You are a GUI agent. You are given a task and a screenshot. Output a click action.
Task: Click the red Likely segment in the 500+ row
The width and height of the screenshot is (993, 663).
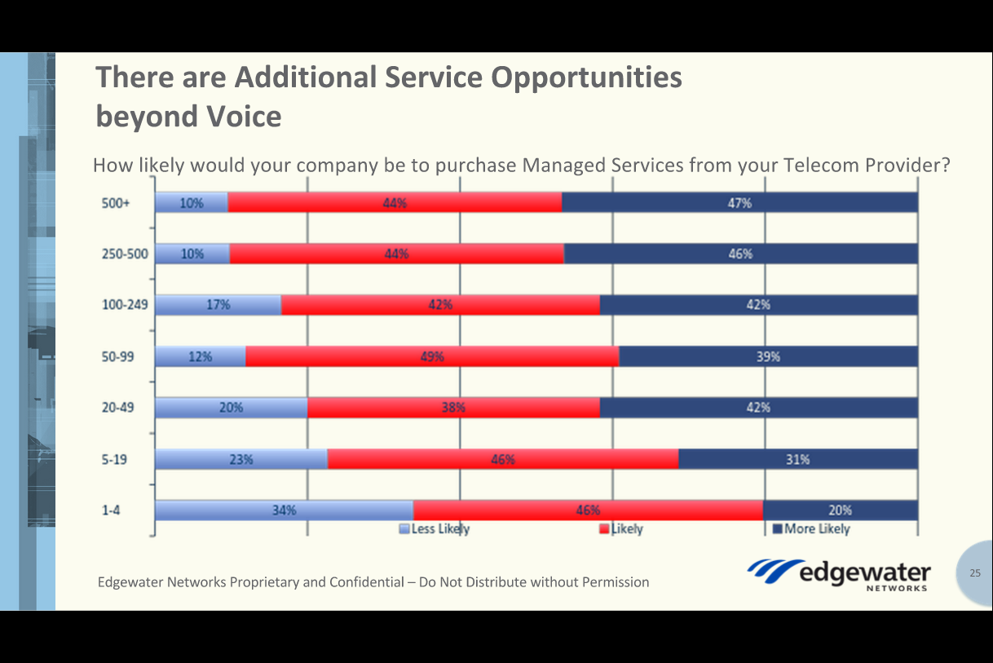click(x=395, y=203)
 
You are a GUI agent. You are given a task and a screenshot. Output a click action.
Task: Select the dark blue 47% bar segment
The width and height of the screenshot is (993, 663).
click(x=739, y=203)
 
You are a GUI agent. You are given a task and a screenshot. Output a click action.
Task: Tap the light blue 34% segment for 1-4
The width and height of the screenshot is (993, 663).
click(x=284, y=511)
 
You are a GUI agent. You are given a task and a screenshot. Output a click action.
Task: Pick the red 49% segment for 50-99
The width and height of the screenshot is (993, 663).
click(x=432, y=356)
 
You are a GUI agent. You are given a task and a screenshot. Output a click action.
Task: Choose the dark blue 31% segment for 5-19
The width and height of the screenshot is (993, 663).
click(x=797, y=459)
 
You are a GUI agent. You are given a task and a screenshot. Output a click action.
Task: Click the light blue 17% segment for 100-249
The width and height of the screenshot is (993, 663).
click(x=218, y=305)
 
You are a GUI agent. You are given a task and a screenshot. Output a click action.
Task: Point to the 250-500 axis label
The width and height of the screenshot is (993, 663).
click(x=125, y=254)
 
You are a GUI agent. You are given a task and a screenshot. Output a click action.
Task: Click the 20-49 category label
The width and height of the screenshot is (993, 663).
click(x=117, y=408)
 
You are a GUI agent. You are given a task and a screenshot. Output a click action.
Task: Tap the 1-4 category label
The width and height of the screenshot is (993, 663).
click(x=113, y=511)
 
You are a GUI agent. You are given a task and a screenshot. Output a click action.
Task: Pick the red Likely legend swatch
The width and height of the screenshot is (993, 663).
click(x=604, y=529)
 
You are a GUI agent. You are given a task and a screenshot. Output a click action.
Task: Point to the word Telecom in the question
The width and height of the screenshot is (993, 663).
click(x=816, y=166)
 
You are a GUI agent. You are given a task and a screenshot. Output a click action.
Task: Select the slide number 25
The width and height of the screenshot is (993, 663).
click(x=975, y=573)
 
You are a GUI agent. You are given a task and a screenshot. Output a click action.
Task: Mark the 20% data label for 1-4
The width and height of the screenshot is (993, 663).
click(x=840, y=511)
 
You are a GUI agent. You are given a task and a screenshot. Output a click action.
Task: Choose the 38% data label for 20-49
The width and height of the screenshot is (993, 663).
click(x=453, y=408)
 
